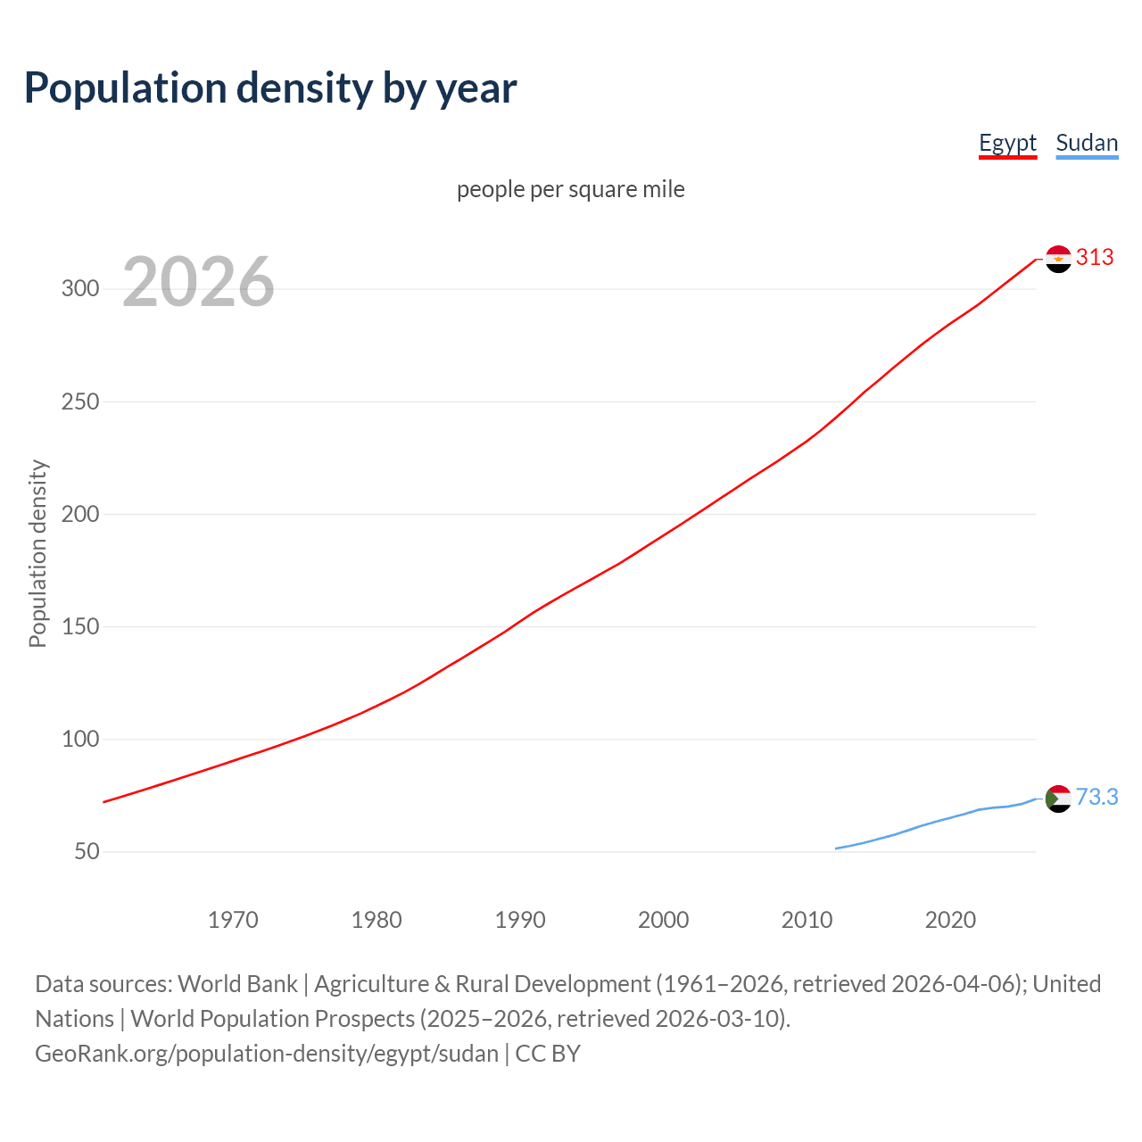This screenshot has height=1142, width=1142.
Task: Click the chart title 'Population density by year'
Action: click(270, 87)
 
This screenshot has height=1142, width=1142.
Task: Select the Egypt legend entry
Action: click(1007, 143)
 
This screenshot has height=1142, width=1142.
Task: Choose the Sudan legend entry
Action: click(1086, 143)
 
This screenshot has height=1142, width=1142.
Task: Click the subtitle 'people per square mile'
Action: click(570, 189)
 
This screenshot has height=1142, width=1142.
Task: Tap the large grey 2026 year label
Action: click(198, 282)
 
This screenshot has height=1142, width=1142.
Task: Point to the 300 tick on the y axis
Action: click(79, 288)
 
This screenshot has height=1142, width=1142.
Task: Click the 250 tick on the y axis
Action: click(79, 401)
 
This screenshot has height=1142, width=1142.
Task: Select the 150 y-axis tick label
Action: click(79, 626)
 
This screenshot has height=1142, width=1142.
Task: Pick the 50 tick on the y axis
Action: click(87, 851)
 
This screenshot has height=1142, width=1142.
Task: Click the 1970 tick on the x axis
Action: click(233, 920)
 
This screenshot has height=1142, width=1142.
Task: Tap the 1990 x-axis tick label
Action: click(520, 920)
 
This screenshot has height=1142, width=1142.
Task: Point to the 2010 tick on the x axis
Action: click(807, 920)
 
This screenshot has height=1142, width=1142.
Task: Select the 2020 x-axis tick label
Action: click(950, 920)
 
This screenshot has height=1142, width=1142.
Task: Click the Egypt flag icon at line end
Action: click(1058, 259)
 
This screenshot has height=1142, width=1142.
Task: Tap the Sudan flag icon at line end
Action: click(1058, 799)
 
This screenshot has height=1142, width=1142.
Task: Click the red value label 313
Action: click(1095, 258)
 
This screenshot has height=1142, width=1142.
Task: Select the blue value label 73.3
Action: click(1096, 797)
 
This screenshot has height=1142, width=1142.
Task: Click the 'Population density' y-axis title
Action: click(37, 553)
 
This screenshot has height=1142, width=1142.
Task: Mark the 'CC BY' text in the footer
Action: click(548, 1054)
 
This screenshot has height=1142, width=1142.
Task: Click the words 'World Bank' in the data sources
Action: click(237, 984)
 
